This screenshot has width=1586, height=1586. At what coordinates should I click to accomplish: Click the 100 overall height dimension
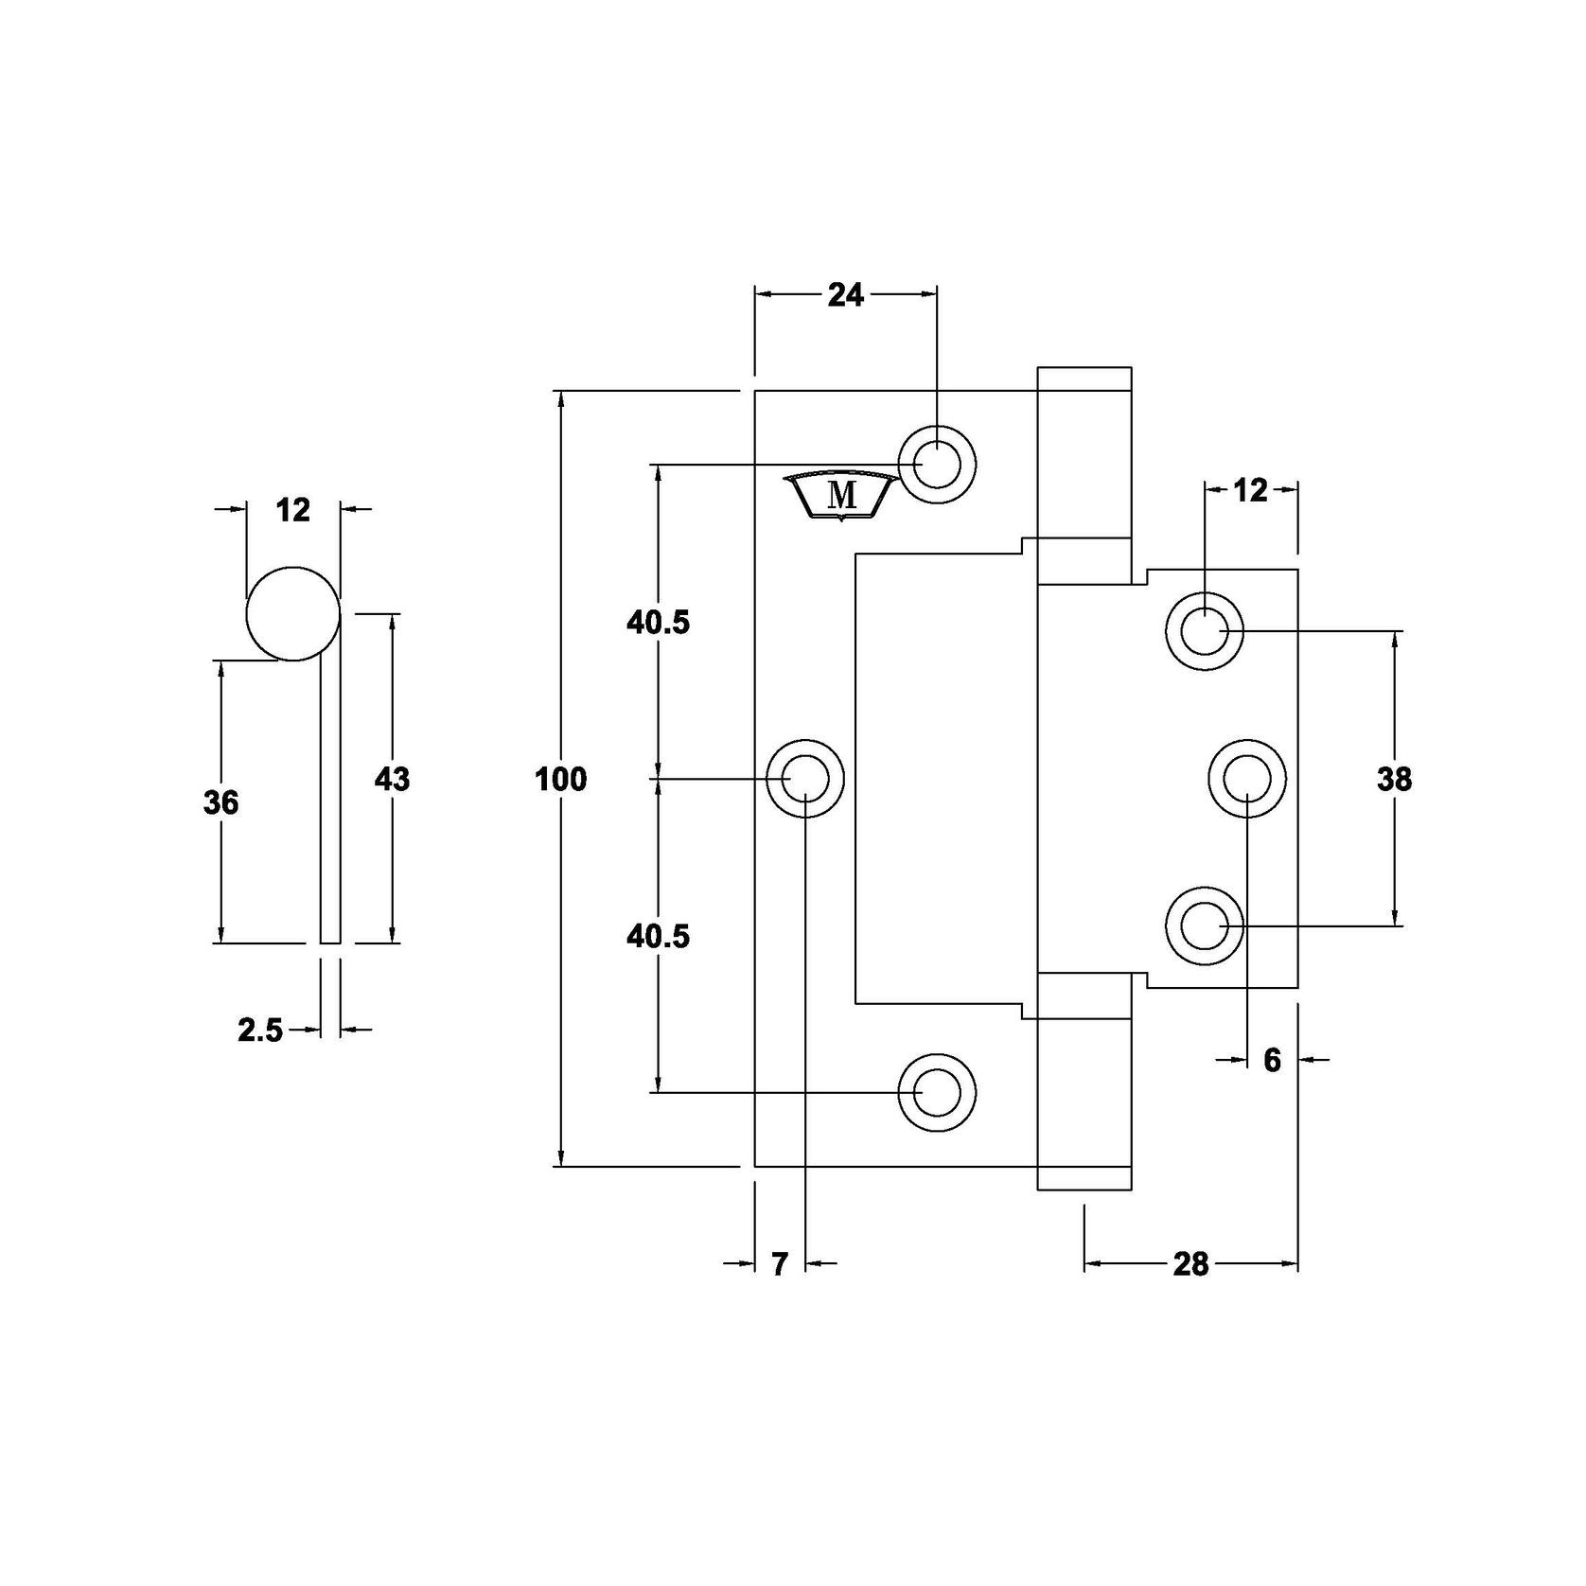click(561, 780)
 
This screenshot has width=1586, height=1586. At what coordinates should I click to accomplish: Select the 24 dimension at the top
click(845, 295)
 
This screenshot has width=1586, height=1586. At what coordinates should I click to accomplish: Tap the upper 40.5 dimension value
click(659, 623)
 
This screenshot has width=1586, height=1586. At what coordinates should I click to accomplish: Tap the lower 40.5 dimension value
click(659, 936)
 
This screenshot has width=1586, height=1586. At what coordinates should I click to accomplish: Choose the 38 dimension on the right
click(1394, 780)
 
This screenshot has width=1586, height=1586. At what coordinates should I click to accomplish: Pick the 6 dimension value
click(1272, 1061)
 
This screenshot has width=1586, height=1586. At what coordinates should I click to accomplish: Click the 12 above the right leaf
click(1250, 490)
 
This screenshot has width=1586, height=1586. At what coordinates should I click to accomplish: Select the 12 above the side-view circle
click(293, 510)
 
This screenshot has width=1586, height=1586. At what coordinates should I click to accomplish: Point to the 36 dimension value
click(220, 802)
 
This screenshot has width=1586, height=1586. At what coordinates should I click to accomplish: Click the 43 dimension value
click(392, 780)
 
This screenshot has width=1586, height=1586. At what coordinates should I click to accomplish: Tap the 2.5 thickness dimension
click(260, 1030)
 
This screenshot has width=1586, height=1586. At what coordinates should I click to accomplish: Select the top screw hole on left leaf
click(937, 465)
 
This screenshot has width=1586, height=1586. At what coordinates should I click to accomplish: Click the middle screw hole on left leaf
click(804, 779)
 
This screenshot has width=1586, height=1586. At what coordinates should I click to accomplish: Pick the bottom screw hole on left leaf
click(936, 1093)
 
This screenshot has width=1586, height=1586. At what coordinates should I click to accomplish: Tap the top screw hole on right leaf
click(1204, 631)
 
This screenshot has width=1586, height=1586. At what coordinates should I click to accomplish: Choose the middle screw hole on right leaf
click(1247, 779)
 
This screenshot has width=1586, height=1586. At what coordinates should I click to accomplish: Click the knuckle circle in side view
click(292, 613)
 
